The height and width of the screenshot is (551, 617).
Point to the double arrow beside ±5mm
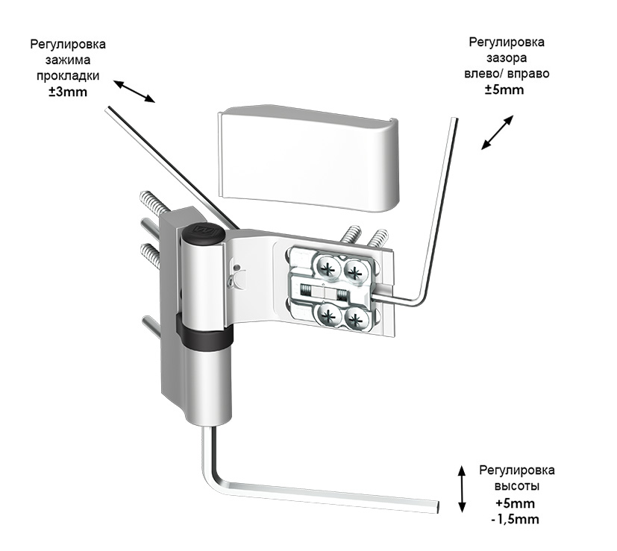pyautogui.click(x=498, y=133)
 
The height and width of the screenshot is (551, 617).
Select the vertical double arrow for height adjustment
pyautogui.click(x=463, y=488)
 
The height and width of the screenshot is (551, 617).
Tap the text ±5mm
pyautogui.click(x=504, y=89)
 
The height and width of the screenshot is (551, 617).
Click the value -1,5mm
pyautogui.click(x=515, y=519)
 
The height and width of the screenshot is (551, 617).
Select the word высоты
pyautogui.click(x=516, y=486)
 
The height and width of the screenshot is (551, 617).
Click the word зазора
pyautogui.click(x=505, y=57)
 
